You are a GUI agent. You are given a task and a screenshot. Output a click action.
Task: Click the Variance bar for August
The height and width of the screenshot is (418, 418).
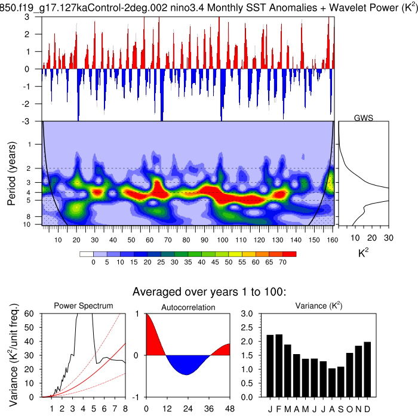(x=332, y=383)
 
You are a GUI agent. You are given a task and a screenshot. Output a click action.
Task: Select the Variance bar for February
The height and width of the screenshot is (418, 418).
(x=279, y=365)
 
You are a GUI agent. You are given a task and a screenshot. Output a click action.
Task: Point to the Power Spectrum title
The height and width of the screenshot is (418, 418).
(x=84, y=306)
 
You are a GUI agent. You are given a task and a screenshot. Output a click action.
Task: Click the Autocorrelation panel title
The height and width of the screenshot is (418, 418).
(x=188, y=306)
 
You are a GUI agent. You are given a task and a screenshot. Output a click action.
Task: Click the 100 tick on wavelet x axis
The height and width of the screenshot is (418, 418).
(x=223, y=241)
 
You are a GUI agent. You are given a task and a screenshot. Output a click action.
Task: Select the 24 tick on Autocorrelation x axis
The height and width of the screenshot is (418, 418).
(x=188, y=408)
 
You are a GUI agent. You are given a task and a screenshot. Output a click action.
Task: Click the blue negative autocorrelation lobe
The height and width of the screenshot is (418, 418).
(x=187, y=364)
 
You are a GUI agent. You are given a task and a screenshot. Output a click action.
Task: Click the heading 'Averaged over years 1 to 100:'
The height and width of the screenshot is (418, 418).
(x=209, y=292)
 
